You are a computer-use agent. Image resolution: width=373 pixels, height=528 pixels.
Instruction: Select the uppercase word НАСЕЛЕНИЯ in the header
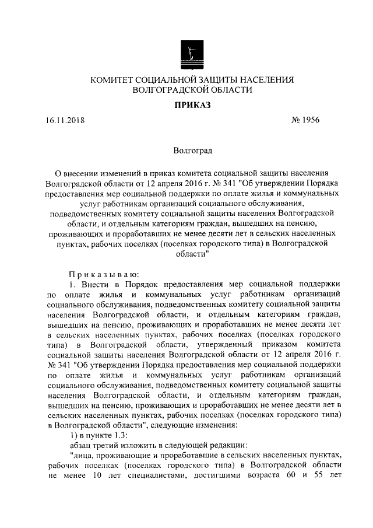266,80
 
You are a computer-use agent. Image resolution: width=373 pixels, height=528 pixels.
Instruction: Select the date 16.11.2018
65,121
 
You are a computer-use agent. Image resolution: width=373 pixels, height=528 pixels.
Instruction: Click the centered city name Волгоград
193,151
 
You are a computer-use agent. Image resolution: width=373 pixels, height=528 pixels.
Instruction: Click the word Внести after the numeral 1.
94,284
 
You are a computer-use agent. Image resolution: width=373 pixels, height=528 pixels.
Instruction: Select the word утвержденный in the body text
227,344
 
